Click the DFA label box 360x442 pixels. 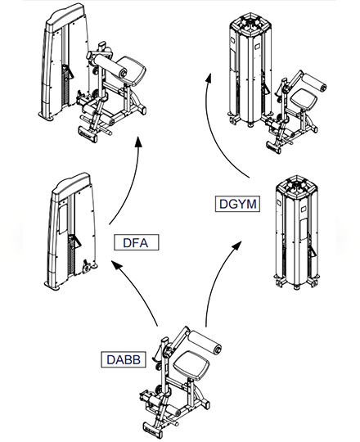[x=137, y=242]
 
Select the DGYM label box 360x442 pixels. [x=237, y=204]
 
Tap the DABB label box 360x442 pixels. [x=124, y=359]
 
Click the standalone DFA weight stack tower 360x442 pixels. [x=71, y=231]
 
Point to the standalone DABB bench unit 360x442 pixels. [x=180, y=382]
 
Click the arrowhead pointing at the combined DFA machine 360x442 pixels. [x=138, y=142]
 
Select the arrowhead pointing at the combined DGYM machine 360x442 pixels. [x=209, y=78]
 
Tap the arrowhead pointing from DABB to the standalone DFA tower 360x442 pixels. [x=116, y=264]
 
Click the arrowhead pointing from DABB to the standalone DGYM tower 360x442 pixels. [x=237, y=246]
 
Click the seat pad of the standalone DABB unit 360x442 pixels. [x=191, y=366]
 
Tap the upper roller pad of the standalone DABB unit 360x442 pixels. [x=205, y=341]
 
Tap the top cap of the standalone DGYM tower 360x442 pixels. [x=295, y=185]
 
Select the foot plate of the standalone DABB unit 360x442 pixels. [x=153, y=430]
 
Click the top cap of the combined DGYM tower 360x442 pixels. [x=250, y=23]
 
